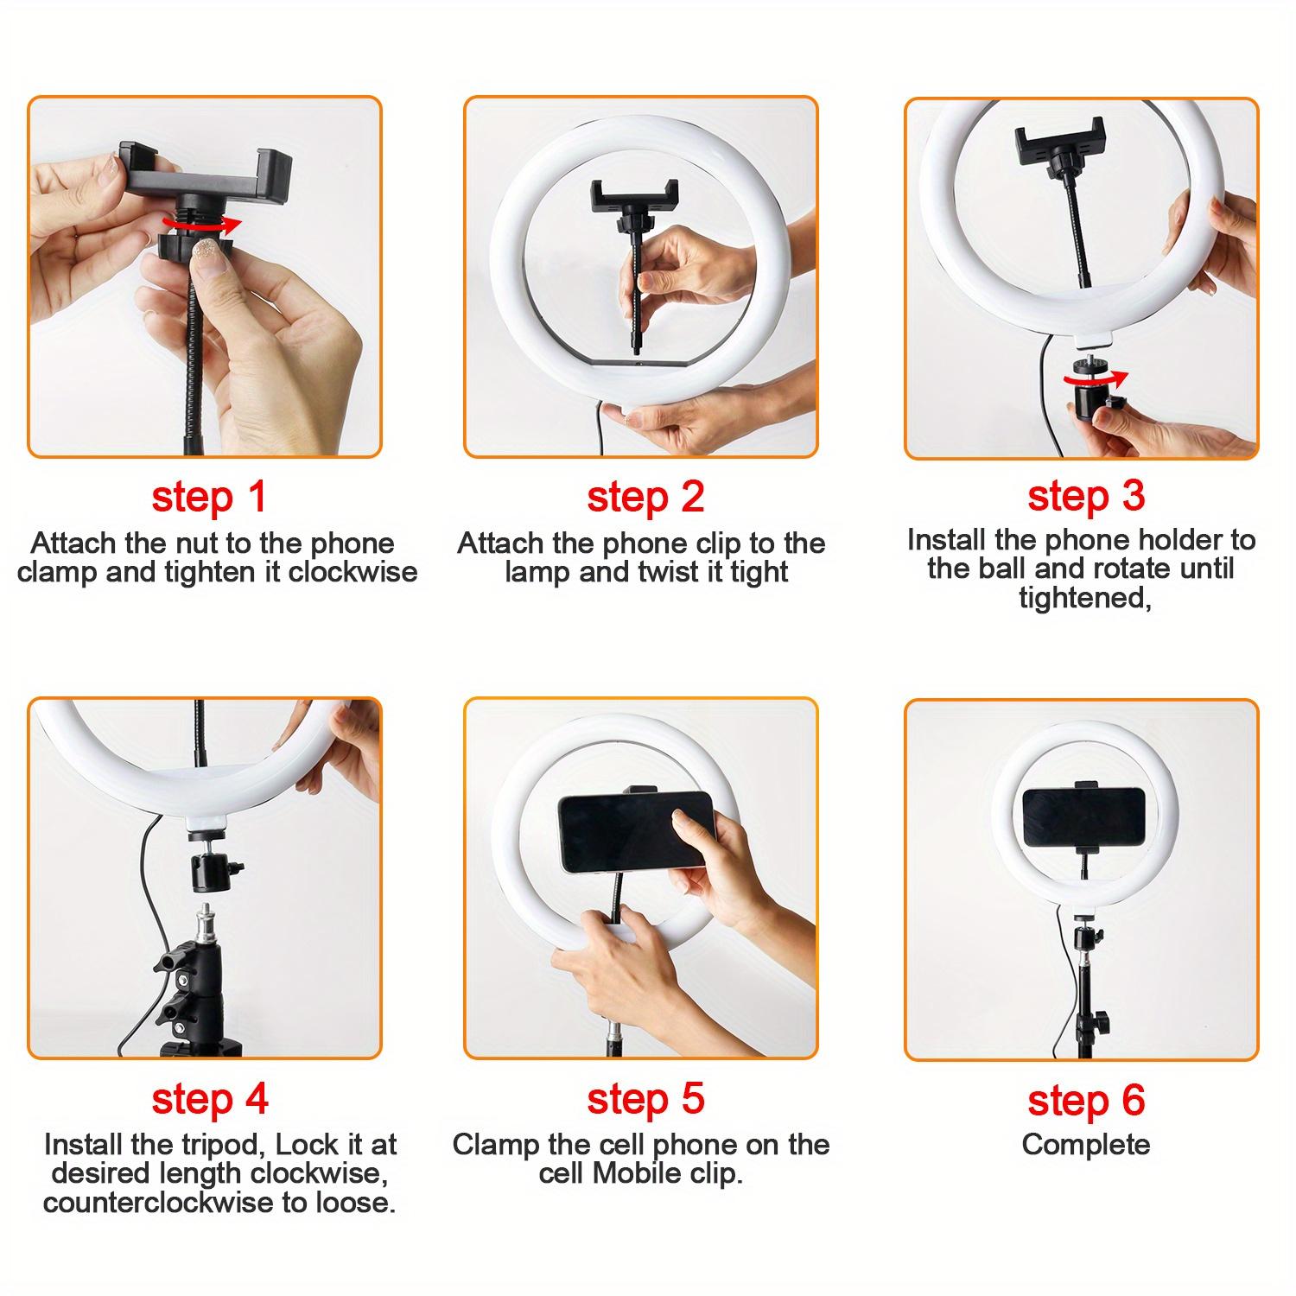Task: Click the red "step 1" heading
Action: pyautogui.click(x=208, y=499)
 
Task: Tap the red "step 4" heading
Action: pyautogui.click(x=209, y=1100)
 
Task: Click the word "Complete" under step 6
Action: pyautogui.click(x=1085, y=1145)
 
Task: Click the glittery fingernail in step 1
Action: pyautogui.click(x=210, y=252)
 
